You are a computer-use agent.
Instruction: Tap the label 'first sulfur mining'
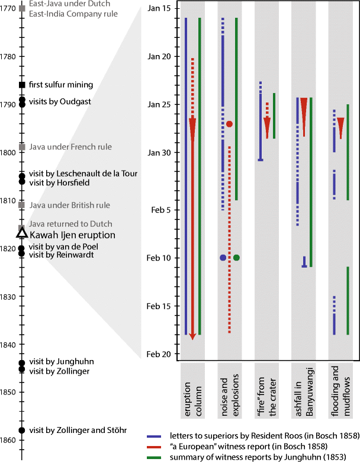click(61, 85)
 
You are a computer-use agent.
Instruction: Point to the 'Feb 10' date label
click(159, 258)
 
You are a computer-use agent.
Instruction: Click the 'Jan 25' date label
click(159, 104)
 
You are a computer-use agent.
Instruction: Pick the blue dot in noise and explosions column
click(223, 258)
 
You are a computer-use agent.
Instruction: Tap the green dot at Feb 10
click(236, 258)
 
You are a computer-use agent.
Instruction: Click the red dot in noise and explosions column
click(229, 124)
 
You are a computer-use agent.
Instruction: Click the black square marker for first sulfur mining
click(22, 85)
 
